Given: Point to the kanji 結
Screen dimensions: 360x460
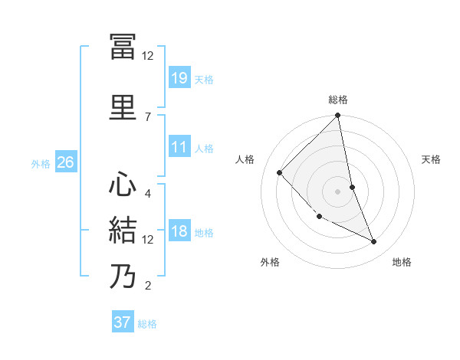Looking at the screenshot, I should (123, 231).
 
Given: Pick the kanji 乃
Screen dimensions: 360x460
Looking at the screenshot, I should (123, 277).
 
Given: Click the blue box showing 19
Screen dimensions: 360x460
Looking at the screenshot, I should (179, 77).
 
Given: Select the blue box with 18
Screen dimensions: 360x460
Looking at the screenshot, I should (179, 231).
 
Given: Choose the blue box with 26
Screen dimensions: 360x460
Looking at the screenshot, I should (65, 162).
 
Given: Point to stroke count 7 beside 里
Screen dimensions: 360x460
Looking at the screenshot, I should (147, 116).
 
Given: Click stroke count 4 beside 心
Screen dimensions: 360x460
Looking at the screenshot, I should (147, 193).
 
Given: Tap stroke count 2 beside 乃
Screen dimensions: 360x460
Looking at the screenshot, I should (147, 286).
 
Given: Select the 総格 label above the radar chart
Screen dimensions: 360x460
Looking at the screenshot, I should (338, 100).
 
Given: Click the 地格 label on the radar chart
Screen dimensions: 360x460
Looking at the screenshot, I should (402, 262).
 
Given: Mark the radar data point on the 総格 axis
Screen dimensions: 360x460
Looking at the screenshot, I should (338, 116).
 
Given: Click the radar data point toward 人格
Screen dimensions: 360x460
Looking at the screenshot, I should (280, 172).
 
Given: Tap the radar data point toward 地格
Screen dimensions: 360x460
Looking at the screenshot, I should (374, 241).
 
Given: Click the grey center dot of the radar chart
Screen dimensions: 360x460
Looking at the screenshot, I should (338, 191).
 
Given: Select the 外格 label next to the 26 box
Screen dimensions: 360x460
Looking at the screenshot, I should (41, 163).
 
